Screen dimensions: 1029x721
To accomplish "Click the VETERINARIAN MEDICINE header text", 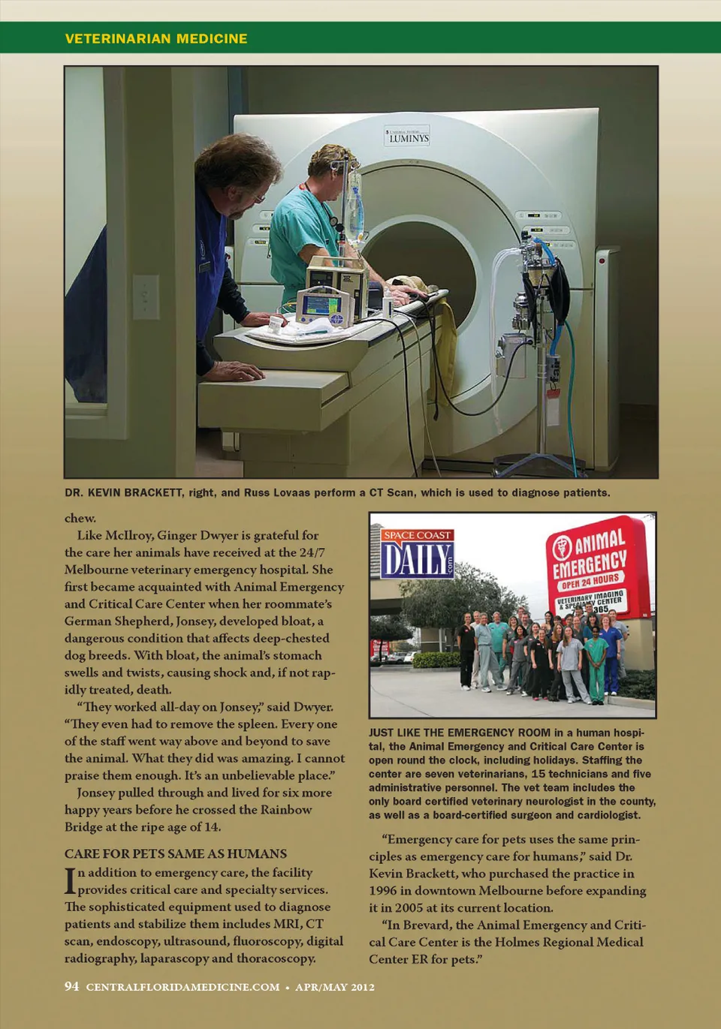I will click(x=156, y=38).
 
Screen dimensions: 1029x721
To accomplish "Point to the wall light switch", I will click(x=146, y=296).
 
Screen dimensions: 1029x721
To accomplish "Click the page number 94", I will click(x=71, y=986).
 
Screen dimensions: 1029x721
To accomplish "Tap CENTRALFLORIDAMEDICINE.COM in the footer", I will click(x=183, y=987).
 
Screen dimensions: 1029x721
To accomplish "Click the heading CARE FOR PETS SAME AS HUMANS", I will click(x=176, y=853).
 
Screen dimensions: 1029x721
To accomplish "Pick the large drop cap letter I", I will click(x=70, y=881).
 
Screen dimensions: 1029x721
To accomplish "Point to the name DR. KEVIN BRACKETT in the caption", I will click(x=123, y=493).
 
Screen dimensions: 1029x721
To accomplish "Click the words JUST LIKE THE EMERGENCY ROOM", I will click(x=460, y=733).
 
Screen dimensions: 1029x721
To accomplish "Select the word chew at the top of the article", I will click(x=80, y=518).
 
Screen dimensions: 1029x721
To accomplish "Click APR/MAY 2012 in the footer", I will click(x=335, y=987).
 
